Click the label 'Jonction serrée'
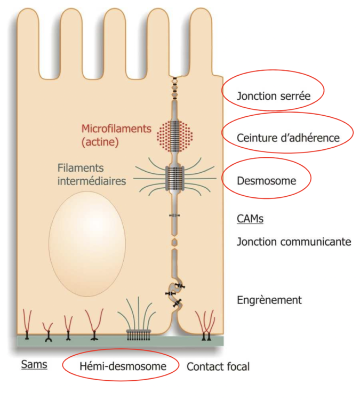pos(273,97)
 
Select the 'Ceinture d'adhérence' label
pos(288,138)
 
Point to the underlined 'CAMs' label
pos(250,219)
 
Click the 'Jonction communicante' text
pos(294,242)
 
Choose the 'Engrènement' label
pos(269,300)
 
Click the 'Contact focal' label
pos(218,366)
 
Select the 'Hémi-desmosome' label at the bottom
pos(122,366)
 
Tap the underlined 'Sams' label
pos(34,365)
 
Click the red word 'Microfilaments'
pos(116,129)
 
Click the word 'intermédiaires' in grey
pos(92,181)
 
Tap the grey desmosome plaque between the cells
pos(174,176)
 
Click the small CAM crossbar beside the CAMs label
pos(174,215)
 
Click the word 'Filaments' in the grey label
pos(78,167)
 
